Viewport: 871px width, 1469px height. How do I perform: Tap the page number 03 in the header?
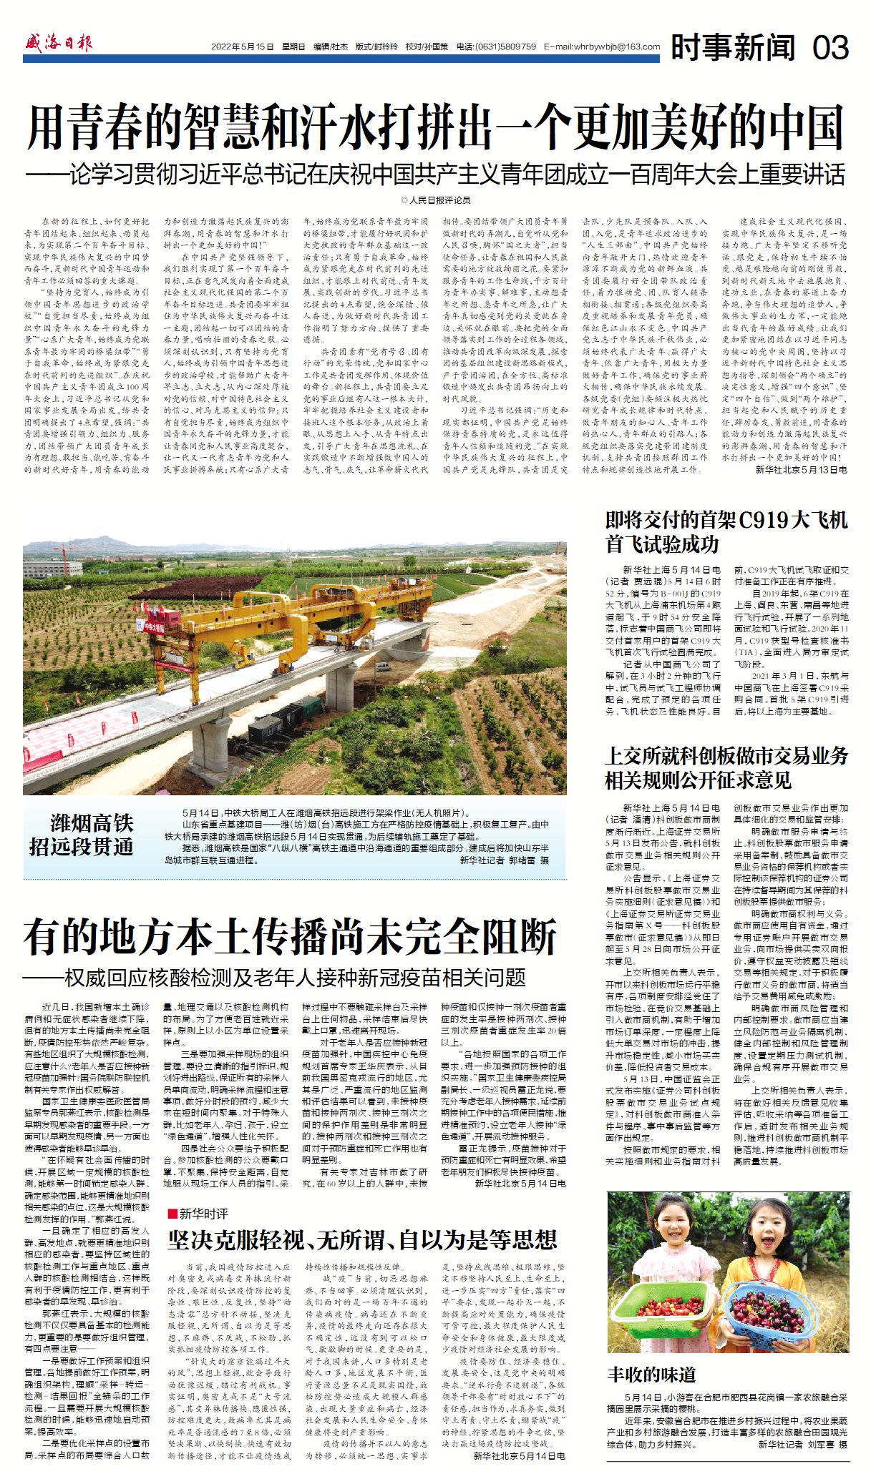coord(830,47)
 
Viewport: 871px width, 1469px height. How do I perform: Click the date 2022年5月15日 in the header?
coord(242,47)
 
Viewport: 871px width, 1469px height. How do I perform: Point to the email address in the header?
coord(602,47)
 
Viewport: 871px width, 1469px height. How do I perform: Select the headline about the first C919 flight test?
coord(726,531)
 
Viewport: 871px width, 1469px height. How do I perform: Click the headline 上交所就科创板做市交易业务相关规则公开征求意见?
coord(726,767)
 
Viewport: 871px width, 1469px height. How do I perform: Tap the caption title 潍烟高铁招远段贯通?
coord(82,834)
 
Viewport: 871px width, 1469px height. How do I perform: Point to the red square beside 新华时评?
coord(172,1213)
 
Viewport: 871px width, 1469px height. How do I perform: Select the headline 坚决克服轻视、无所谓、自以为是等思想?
coord(362,1239)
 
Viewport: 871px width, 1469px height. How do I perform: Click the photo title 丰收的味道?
coord(651,1375)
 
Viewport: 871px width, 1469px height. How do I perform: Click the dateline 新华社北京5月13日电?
coord(801,470)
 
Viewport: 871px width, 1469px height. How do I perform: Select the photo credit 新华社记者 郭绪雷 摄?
coord(504,861)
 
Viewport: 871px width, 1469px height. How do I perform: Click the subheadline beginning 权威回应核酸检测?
coord(275,977)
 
